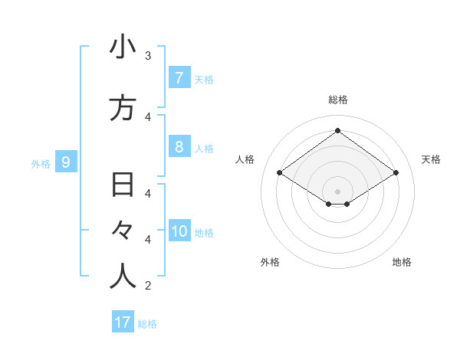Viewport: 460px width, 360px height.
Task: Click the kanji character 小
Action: pyautogui.click(x=123, y=47)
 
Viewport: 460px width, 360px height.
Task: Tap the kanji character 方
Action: pyautogui.click(x=123, y=108)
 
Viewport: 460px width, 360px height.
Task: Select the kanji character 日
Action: pyautogui.click(x=123, y=185)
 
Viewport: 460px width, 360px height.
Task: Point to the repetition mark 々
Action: pyautogui.click(x=123, y=231)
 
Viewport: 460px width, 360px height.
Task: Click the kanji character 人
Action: pyautogui.click(x=123, y=277)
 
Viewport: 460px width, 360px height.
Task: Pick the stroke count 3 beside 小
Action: pyautogui.click(x=148, y=55)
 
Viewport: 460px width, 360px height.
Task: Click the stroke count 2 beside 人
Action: pyautogui.click(x=148, y=286)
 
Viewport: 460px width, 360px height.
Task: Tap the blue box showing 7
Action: pyautogui.click(x=179, y=77)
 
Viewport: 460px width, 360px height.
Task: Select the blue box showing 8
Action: pyautogui.click(x=179, y=147)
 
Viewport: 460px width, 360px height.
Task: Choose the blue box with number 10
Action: pyautogui.click(x=180, y=232)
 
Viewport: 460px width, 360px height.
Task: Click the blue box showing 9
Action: pyautogui.click(x=66, y=162)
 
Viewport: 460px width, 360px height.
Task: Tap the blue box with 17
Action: pyautogui.click(x=123, y=322)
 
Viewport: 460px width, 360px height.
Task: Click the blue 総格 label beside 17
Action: pyautogui.click(x=147, y=324)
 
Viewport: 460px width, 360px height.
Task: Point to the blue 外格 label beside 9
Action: pyautogui.click(x=40, y=163)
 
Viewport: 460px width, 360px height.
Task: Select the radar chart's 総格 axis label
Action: pyautogui.click(x=337, y=100)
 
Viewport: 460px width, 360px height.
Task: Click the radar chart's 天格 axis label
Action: pyautogui.click(x=431, y=159)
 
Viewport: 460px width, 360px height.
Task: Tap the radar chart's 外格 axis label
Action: pyautogui.click(x=270, y=262)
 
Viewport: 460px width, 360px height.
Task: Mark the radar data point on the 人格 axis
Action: pyautogui.click(x=280, y=173)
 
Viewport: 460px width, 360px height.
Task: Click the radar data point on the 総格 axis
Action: pyautogui.click(x=337, y=130)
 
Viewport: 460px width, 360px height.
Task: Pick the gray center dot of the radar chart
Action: pyautogui.click(x=337, y=190)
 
